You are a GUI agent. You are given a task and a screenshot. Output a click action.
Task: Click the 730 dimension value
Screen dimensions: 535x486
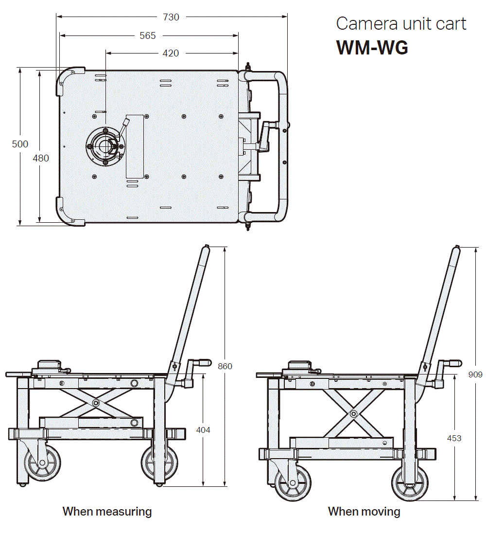point(171,17)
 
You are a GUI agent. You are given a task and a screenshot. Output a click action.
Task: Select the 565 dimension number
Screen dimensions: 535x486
point(148,36)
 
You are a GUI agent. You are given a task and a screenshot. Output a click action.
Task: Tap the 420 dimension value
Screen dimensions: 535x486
point(171,53)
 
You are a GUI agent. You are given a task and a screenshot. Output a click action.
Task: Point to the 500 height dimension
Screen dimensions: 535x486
point(20,144)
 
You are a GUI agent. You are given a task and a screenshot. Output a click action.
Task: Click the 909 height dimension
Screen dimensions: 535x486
point(475,374)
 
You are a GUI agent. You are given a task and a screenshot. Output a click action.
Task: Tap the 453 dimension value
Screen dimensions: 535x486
point(454,438)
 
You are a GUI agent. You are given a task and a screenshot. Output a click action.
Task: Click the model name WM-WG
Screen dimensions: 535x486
point(372,48)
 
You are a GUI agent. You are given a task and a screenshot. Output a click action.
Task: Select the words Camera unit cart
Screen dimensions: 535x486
point(401,24)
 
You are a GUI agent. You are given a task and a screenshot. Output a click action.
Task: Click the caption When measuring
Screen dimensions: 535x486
point(107,512)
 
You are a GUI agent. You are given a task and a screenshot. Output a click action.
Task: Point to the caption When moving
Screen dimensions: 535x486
point(364,512)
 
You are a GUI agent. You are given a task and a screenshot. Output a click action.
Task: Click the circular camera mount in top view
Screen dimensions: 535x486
point(105,144)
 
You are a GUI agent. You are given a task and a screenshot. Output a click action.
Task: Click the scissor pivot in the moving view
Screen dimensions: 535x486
point(353,414)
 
